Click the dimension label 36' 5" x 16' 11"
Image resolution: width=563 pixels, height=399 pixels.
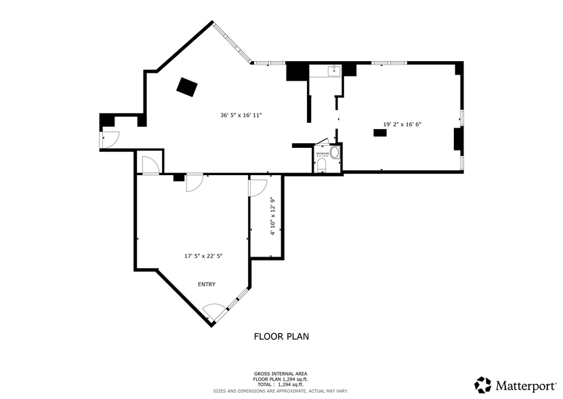(241, 115)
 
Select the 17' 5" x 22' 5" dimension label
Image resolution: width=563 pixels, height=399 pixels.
(203, 256)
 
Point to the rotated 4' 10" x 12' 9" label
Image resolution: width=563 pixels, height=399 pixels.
(272, 216)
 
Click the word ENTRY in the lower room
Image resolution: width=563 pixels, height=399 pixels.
(207, 284)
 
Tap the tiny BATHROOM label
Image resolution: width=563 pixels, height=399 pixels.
(322, 154)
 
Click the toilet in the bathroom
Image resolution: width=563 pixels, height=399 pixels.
(321, 166)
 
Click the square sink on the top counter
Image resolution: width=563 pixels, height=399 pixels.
(333, 70)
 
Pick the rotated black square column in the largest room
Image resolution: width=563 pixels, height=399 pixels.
(187, 87)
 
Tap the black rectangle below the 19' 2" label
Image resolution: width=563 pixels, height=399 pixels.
(380, 134)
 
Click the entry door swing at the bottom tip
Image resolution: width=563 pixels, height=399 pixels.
(214, 311)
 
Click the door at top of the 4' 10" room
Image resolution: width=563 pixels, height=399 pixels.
(257, 187)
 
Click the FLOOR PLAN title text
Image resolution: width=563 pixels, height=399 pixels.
(281, 336)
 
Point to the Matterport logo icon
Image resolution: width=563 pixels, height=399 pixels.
(482, 385)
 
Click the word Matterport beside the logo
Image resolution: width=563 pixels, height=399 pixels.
(524, 385)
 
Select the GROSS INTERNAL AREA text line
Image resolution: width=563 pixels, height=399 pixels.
(280, 373)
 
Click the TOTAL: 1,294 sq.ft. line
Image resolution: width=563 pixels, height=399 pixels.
(280, 385)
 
